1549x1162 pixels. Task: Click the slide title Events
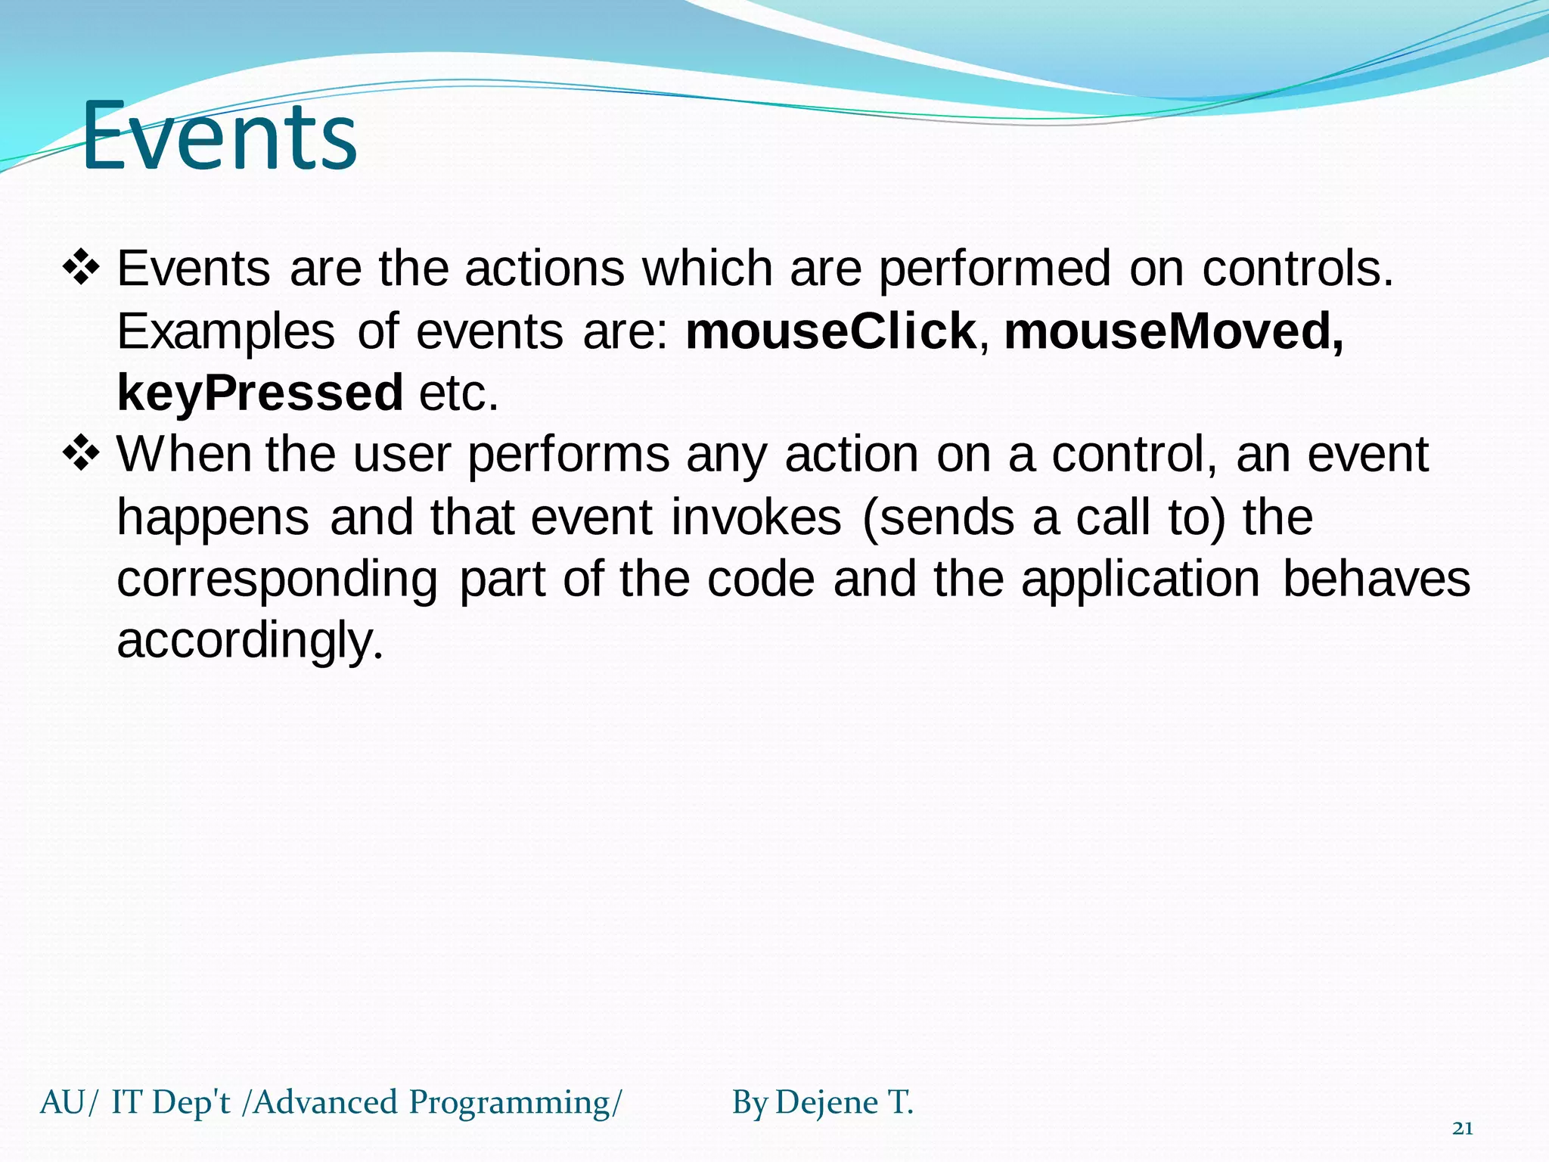coord(219,137)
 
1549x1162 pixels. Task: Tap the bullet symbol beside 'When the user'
coord(81,455)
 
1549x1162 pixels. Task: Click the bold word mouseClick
coord(830,331)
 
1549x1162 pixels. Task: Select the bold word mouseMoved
coord(1173,331)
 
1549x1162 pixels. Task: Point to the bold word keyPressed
coord(260,393)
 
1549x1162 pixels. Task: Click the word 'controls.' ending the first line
coord(1297,269)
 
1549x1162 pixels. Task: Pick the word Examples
coord(225,331)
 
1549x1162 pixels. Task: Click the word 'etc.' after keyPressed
coord(459,393)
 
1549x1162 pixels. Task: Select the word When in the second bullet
coord(184,455)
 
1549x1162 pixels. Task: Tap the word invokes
coord(756,517)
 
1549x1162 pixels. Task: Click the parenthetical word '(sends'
coord(938,517)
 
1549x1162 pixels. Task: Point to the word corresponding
coord(277,579)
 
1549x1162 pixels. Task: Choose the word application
coord(1140,579)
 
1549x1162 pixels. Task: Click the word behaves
coord(1377,579)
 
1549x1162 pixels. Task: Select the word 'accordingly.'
coord(250,642)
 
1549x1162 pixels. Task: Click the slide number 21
coord(1463,1129)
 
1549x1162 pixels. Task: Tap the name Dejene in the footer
coord(826,1102)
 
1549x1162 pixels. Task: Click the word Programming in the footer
coord(509,1102)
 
